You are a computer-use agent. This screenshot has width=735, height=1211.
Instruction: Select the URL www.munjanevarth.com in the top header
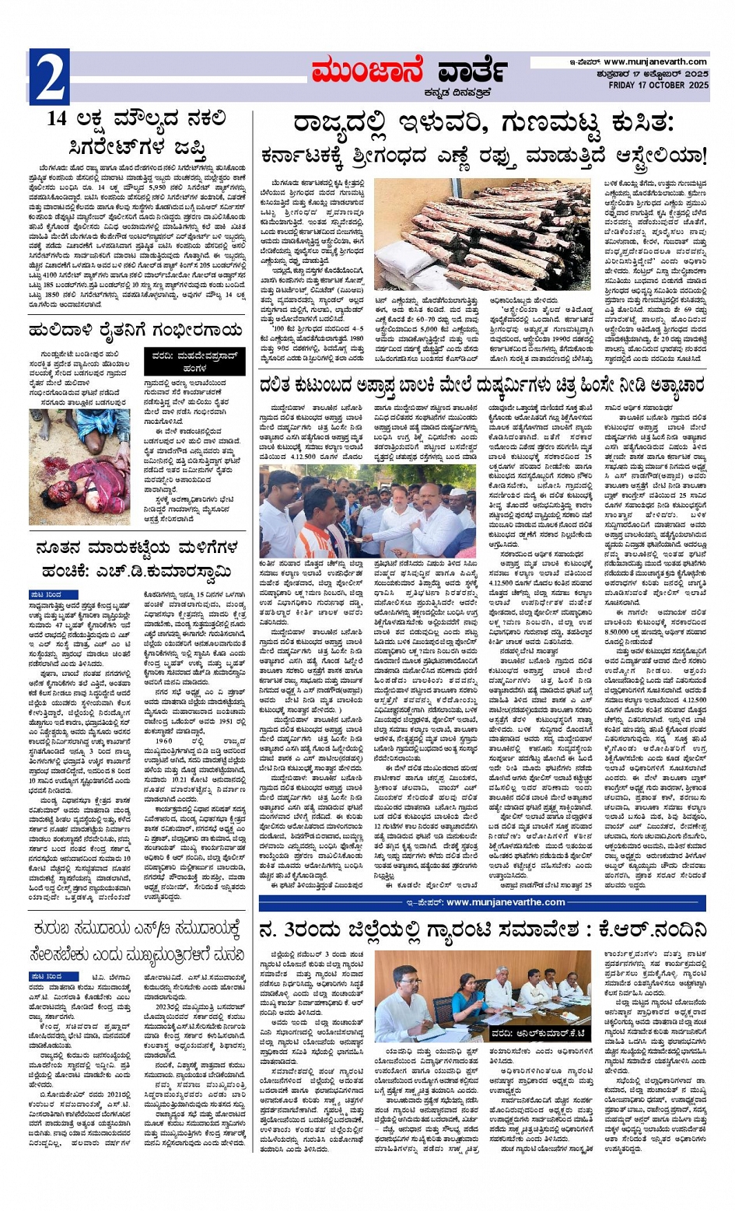(x=655, y=62)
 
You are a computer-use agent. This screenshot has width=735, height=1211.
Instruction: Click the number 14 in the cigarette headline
(x=59, y=119)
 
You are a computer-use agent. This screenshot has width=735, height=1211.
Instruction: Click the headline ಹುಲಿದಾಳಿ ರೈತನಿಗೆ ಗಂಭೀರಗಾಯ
(x=138, y=331)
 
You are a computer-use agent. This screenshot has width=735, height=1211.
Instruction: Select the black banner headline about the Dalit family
(x=483, y=385)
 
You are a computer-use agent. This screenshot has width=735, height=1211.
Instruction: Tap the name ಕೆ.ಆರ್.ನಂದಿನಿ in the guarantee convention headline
(x=649, y=929)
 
